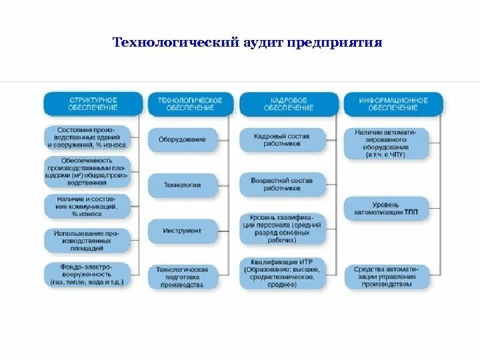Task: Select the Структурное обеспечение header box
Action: coord(93,103)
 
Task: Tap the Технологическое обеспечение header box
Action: coord(190,103)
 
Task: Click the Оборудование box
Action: coord(182,139)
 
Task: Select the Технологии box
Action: coord(182,185)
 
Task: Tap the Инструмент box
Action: coord(182,231)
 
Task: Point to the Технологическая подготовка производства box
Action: coord(182,277)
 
